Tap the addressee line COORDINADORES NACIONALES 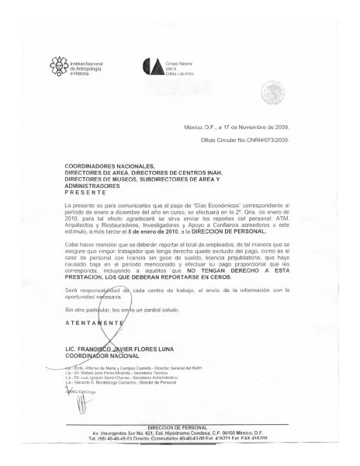109,165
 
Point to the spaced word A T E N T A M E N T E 94,322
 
